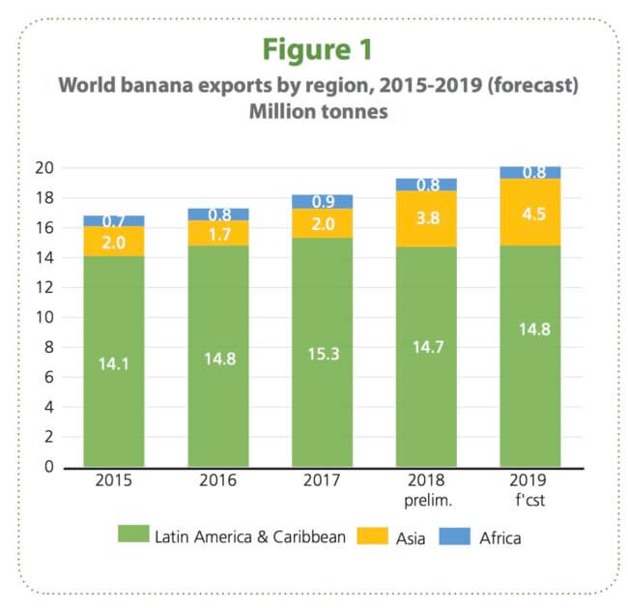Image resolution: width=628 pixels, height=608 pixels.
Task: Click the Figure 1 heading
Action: coord(315,48)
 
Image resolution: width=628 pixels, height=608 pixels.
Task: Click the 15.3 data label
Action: coord(323,357)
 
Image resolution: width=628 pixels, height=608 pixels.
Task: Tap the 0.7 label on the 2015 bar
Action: coord(114,222)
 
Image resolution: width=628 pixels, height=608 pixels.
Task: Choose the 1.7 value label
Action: coord(218,234)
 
